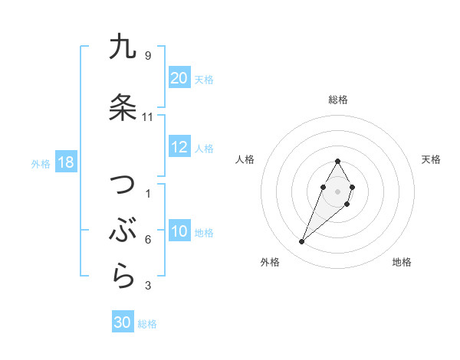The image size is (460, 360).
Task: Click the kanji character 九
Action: pyautogui.click(x=123, y=47)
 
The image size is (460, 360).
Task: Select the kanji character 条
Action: pyautogui.click(x=123, y=108)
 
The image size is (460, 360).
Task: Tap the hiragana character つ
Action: pyautogui.click(x=123, y=186)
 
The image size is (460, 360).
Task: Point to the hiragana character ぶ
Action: pyautogui.click(x=123, y=231)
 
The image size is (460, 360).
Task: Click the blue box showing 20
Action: pyautogui.click(x=179, y=78)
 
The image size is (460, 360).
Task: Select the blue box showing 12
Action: pyautogui.click(x=179, y=148)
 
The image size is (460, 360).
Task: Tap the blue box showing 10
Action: pyautogui.click(x=179, y=232)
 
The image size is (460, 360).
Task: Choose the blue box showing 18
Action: pyautogui.click(x=64, y=163)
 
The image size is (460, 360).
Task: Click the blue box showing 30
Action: pyautogui.click(x=123, y=323)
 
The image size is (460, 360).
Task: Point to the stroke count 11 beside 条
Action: pyautogui.click(x=148, y=117)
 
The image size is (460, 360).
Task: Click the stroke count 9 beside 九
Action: pyautogui.click(x=148, y=56)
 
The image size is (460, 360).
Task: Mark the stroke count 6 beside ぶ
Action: pyautogui.click(x=148, y=240)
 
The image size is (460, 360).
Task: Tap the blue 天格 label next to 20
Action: pyautogui.click(x=204, y=79)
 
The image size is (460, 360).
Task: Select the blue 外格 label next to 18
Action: pyautogui.click(x=40, y=164)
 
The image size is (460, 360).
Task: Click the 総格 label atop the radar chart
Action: pyautogui.click(x=338, y=100)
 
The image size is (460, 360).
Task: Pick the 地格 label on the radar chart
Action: pyautogui.click(x=402, y=262)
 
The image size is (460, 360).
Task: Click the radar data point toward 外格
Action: pyautogui.click(x=302, y=242)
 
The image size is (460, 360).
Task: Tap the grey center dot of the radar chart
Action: pyautogui.click(x=338, y=191)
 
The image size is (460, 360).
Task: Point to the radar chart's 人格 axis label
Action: pyautogui.click(x=245, y=159)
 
